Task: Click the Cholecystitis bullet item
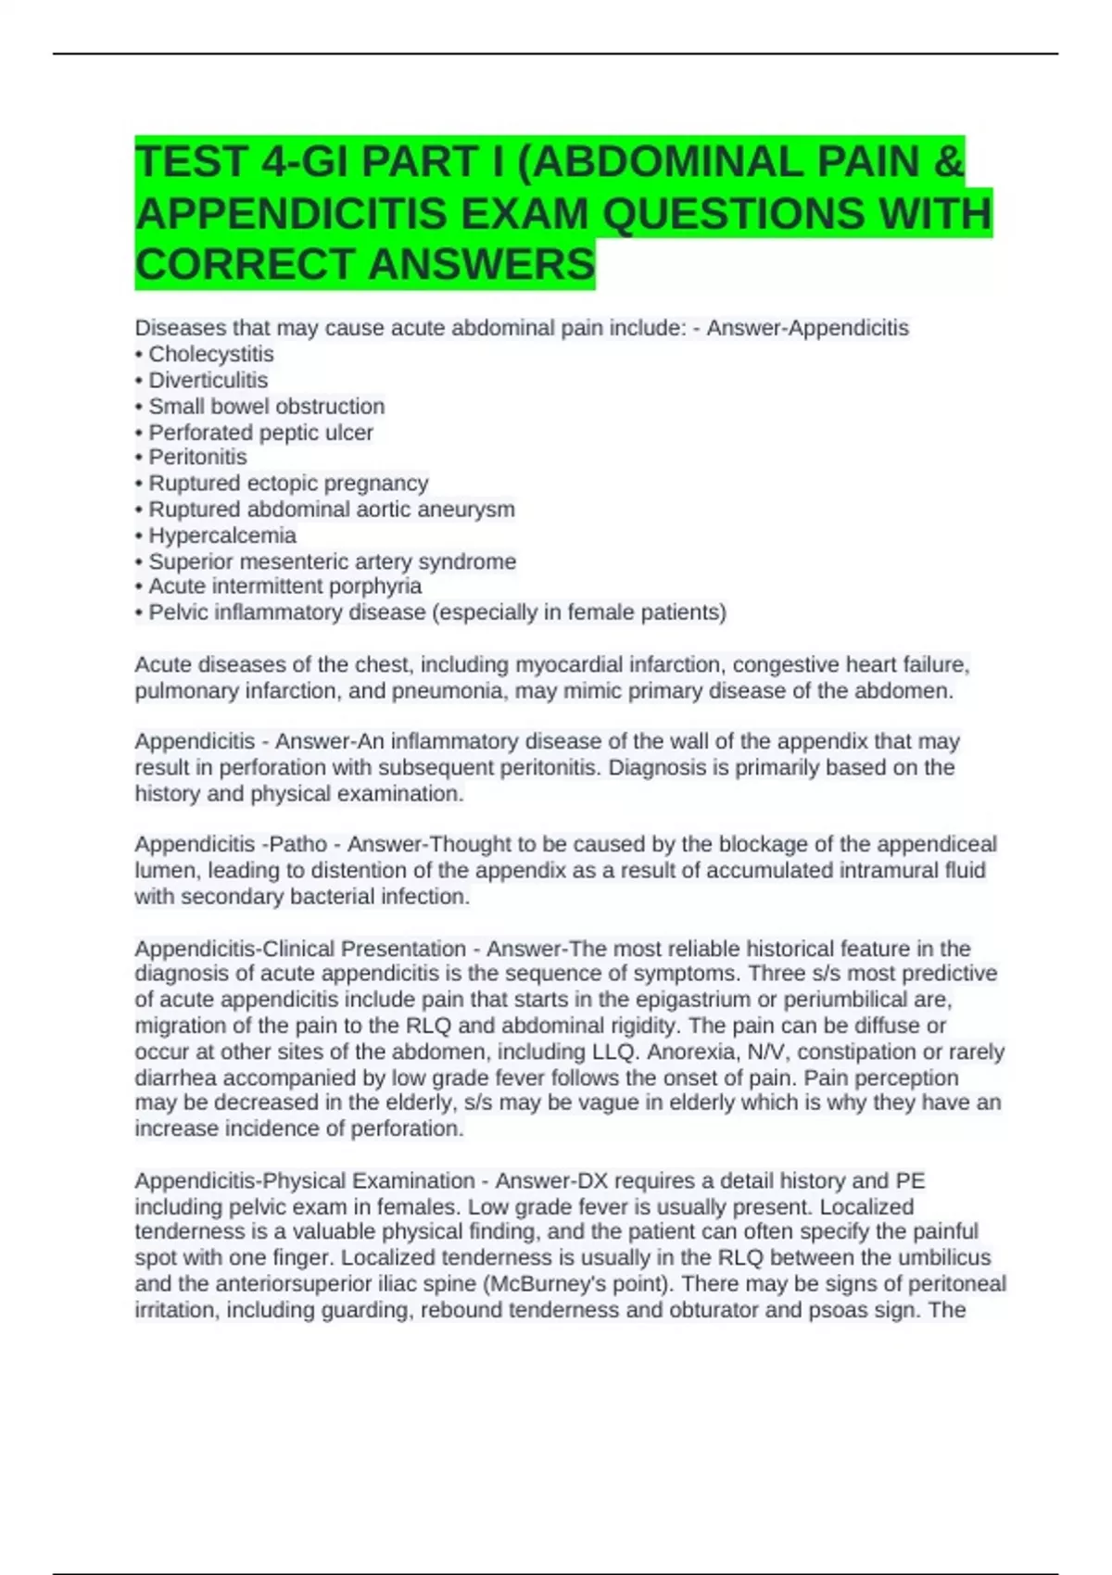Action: coord(210,354)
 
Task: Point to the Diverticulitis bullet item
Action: coord(208,380)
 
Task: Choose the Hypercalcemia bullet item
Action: coord(222,535)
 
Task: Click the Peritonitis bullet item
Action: coord(197,457)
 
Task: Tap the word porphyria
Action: coord(377,586)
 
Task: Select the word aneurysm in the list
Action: coord(470,510)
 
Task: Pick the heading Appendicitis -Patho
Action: coord(231,844)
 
